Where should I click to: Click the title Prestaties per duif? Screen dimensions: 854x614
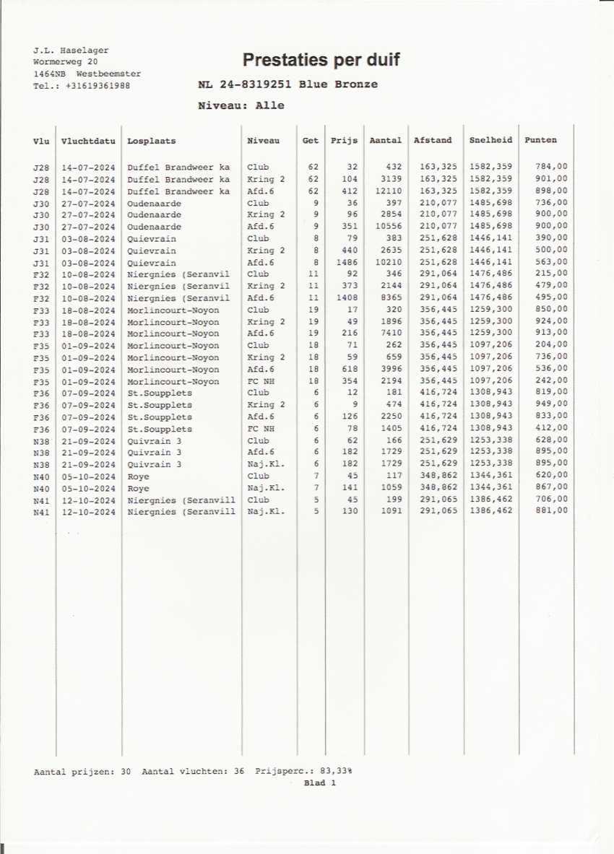[x=321, y=60]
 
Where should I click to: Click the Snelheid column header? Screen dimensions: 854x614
[x=490, y=141]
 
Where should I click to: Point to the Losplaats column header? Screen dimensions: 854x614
[x=151, y=141]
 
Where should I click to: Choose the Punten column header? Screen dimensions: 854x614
[x=540, y=141]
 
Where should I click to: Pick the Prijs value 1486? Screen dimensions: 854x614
[x=347, y=263]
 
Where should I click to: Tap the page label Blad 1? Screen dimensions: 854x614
[x=320, y=783]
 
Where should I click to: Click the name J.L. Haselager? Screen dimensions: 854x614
[x=71, y=51]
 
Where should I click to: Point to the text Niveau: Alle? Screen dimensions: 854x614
[x=241, y=105]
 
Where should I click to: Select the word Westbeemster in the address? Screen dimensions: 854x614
[x=108, y=74]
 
